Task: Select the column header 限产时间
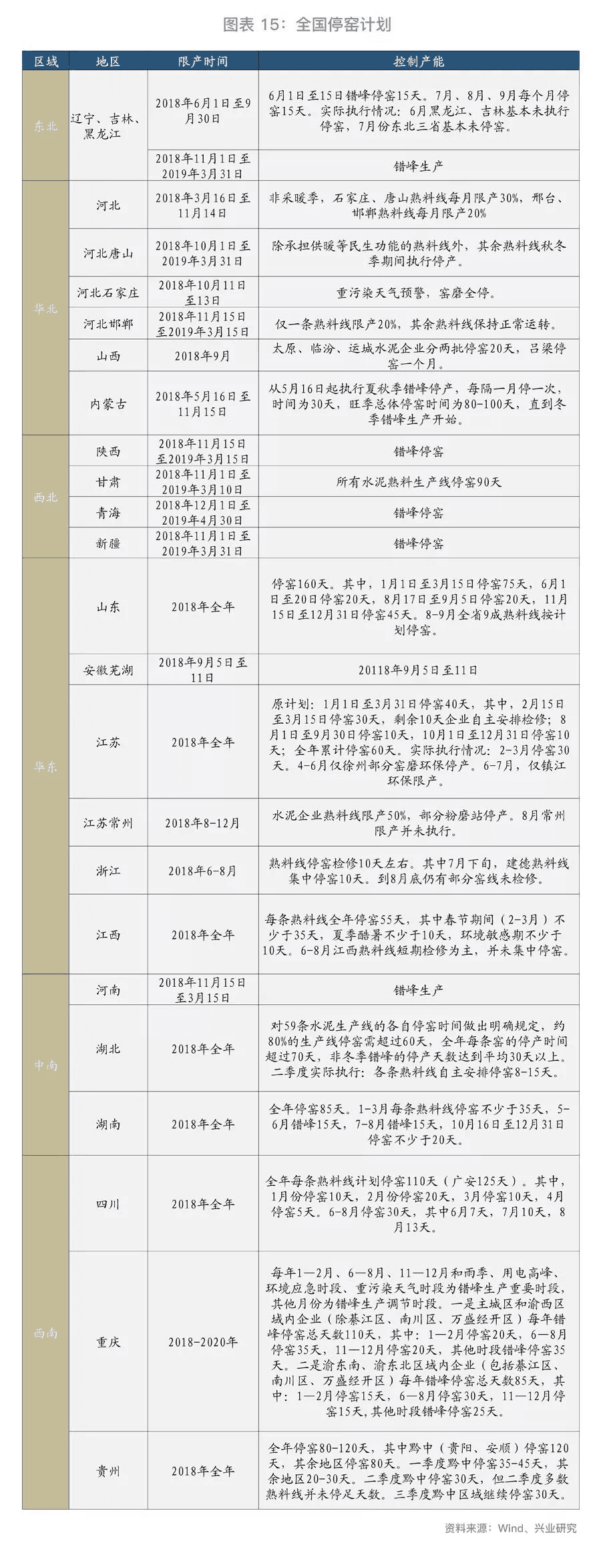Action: [x=203, y=61]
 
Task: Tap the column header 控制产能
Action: [x=418, y=61]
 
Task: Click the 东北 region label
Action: [x=45, y=126]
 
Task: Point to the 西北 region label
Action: [x=45, y=497]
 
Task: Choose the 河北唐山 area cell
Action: [x=108, y=254]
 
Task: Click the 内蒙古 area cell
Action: [x=108, y=404]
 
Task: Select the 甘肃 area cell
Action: [x=108, y=482]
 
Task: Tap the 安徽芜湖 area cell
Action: [x=108, y=670]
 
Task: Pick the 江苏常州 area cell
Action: [x=108, y=823]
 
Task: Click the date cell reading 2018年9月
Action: [x=203, y=356]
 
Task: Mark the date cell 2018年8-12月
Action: [x=203, y=823]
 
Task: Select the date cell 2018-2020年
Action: [x=203, y=1341]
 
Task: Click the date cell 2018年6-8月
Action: [x=203, y=871]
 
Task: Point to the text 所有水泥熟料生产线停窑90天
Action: [x=418, y=482]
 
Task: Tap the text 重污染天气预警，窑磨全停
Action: [x=418, y=292]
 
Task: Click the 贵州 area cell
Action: [x=108, y=1471]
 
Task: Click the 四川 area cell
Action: [x=108, y=1204]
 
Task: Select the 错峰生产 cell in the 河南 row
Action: [x=418, y=990]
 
